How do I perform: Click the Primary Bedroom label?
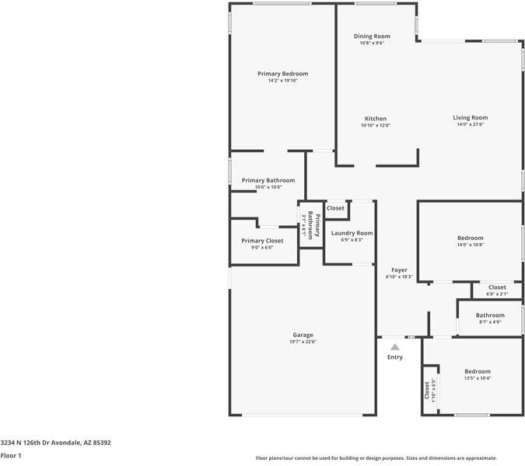(x=282, y=74)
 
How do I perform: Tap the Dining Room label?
(x=372, y=37)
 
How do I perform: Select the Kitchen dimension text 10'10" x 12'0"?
(x=375, y=126)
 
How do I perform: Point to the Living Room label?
(x=470, y=118)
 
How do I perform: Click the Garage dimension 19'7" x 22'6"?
(x=303, y=342)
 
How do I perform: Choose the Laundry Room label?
(x=352, y=233)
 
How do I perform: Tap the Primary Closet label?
(x=262, y=241)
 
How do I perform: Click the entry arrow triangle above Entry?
(x=395, y=347)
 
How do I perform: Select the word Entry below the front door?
(x=395, y=357)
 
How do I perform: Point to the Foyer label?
(x=399, y=270)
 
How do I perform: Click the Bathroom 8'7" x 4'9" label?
(x=490, y=315)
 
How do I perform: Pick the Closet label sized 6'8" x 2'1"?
(x=496, y=287)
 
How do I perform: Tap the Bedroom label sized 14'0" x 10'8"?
(x=470, y=238)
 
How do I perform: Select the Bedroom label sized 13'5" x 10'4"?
(x=478, y=371)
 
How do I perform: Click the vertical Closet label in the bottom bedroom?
(x=427, y=388)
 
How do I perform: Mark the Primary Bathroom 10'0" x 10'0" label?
(x=268, y=180)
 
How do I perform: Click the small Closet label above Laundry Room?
(x=335, y=208)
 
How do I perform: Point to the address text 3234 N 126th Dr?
(x=55, y=443)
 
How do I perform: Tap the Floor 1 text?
(x=11, y=456)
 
